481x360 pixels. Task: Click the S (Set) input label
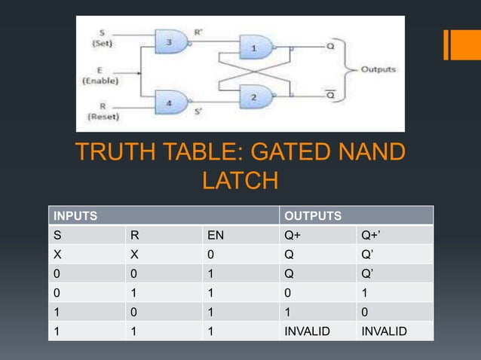coord(101,38)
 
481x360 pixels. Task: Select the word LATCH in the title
coord(240,182)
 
